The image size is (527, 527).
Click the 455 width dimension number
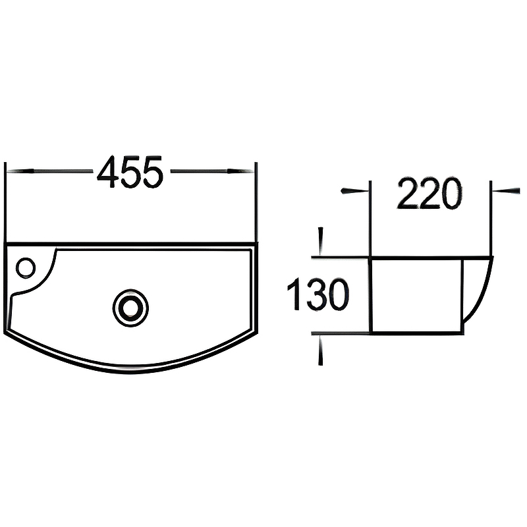click(130, 173)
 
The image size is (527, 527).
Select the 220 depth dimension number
click(429, 194)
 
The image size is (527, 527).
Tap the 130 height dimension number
click(318, 295)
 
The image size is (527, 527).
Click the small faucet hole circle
click(26, 267)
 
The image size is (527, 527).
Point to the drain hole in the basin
click(130, 307)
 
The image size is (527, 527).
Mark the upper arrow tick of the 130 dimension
click(321, 241)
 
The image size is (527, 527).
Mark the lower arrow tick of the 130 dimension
click(321, 349)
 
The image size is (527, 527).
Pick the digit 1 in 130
click(293, 295)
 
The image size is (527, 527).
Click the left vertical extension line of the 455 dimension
click(5, 201)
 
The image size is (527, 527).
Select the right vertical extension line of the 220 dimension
click(491, 217)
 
